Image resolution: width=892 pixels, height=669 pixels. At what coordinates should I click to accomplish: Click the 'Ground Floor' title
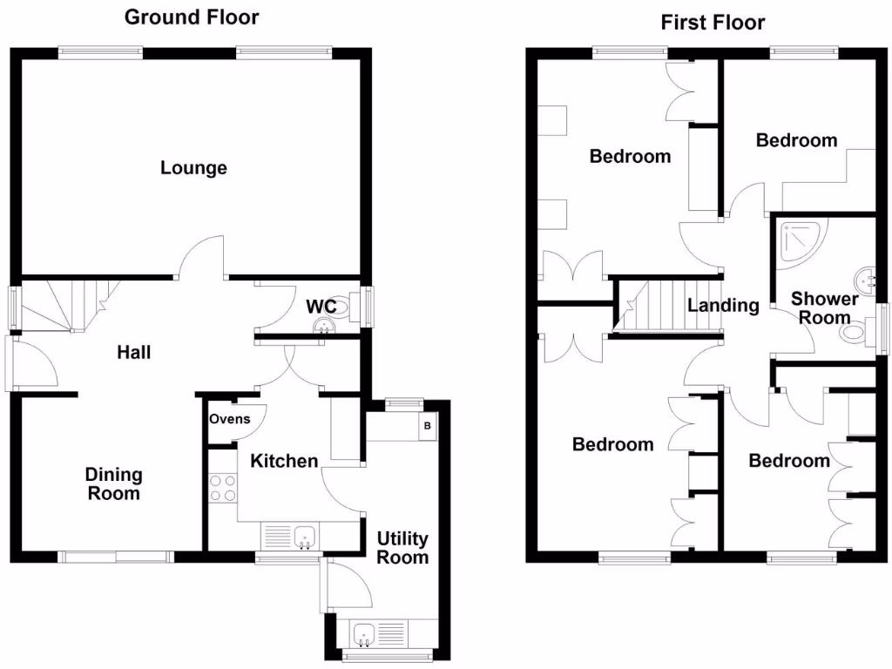pos(192,17)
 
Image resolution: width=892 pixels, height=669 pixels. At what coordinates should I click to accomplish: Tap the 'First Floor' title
pos(713,23)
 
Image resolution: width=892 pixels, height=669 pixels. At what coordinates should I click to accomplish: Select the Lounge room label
pos(193,167)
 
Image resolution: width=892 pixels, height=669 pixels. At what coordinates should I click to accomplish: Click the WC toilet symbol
pos(341,307)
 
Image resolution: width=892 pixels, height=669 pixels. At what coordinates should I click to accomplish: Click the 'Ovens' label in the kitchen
pos(229,419)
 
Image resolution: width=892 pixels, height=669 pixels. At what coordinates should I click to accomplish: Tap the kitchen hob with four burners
pos(223,486)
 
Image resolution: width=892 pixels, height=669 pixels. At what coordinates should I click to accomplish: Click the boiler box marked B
pos(427,427)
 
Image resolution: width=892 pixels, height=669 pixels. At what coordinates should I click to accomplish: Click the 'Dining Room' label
pos(113,484)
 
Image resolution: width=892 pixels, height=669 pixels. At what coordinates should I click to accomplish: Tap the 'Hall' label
pos(134,353)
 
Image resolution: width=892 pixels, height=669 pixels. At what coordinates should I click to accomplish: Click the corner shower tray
pos(800,240)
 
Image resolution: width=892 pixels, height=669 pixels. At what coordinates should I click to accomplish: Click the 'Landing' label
pos(723,306)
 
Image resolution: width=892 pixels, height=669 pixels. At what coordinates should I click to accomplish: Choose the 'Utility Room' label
pos(402,548)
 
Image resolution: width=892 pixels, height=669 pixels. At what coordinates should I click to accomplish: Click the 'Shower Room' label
pos(824,308)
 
